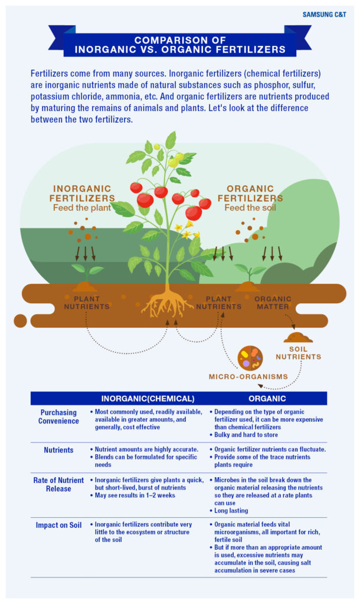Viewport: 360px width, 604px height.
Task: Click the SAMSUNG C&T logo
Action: (x=324, y=15)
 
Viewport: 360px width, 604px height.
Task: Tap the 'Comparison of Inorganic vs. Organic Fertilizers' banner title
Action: (x=180, y=45)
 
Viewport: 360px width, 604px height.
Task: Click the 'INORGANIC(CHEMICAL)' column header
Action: (x=148, y=399)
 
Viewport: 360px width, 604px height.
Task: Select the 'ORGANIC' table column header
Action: (x=267, y=399)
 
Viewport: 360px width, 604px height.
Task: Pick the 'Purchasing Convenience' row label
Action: (x=58, y=416)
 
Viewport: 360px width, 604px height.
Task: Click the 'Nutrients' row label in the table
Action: (x=58, y=450)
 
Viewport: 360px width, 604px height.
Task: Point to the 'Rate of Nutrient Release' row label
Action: (x=58, y=484)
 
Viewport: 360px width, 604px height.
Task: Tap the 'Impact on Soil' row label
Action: (x=58, y=525)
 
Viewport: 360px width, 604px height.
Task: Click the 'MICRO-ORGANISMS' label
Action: (x=248, y=376)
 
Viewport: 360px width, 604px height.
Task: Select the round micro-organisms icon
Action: (x=250, y=358)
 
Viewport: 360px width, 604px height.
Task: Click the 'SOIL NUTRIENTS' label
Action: (x=299, y=353)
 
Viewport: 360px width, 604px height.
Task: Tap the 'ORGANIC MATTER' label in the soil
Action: (x=273, y=303)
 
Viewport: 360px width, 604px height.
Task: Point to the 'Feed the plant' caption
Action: (x=82, y=208)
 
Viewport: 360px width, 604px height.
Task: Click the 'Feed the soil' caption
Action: (x=250, y=208)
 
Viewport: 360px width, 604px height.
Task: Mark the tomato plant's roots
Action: (x=167, y=303)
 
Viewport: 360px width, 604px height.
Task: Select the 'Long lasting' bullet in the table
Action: (x=229, y=510)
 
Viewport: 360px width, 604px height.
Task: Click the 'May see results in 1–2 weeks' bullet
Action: (x=133, y=495)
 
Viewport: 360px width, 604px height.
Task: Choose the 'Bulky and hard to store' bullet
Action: (x=244, y=435)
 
